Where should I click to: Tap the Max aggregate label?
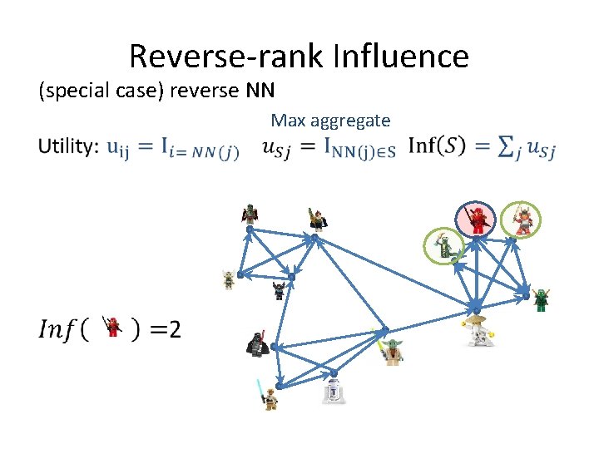pyautogui.click(x=330, y=121)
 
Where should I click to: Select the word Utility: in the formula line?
pyautogui.click(x=68, y=147)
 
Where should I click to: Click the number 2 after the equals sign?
pyautogui.click(x=173, y=330)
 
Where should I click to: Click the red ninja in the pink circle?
pyautogui.click(x=479, y=220)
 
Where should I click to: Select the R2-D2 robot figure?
pyautogui.click(x=334, y=391)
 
